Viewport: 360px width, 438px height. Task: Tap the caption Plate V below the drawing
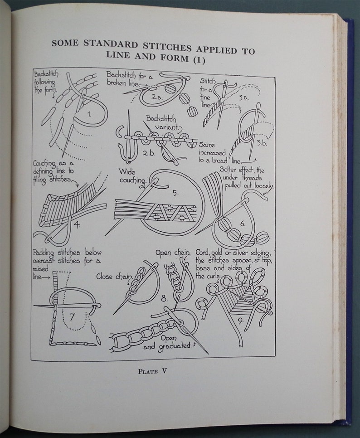click(x=153, y=371)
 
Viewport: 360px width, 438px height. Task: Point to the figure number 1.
click(x=89, y=114)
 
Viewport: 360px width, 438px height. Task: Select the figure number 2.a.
click(x=157, y=96)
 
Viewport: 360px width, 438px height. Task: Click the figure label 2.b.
click(x=148, y=153)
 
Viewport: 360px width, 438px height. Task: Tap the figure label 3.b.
click(x=261, y=143)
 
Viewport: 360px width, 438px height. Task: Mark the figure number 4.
click(x=77, y=224)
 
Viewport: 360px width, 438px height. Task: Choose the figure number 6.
click(x=242, y=224)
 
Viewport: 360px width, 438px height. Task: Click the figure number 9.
click(x=240, y=322)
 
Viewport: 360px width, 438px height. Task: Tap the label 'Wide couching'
click(x=132, y=176)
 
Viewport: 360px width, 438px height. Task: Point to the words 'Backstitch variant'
click(x=163, y=122)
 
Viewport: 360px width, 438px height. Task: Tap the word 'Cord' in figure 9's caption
click(x=204, y=252)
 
